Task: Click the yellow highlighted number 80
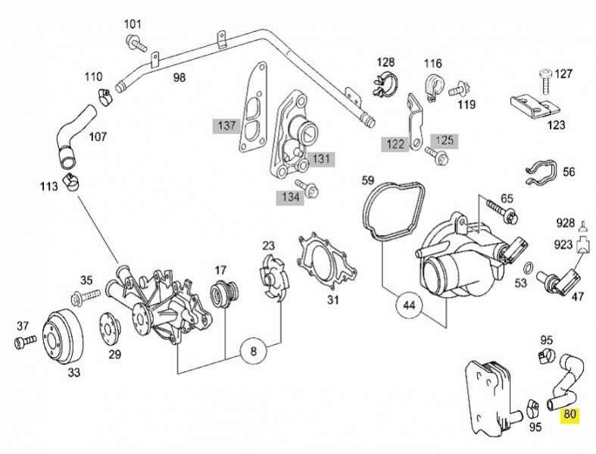pos(569,414)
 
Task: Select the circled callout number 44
pos(410,305)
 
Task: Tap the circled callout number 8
pos(254,350)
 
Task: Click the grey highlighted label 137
pos(226,126)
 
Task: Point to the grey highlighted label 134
pos(290,197)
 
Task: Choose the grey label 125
pos(445,141)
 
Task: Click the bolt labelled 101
pos(136,43)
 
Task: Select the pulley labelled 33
pos(62,339)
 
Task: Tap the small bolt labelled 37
pos(25,341)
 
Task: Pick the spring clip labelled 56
pos(541,172)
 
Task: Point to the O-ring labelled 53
pos(529,268)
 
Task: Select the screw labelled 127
pos(545,81)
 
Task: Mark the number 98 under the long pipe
pos(179,77)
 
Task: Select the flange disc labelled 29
pos(110,328)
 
